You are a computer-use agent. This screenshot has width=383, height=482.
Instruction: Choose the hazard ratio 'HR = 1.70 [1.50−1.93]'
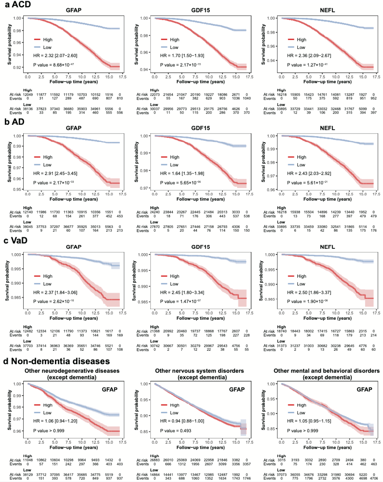[x=181, y=56]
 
